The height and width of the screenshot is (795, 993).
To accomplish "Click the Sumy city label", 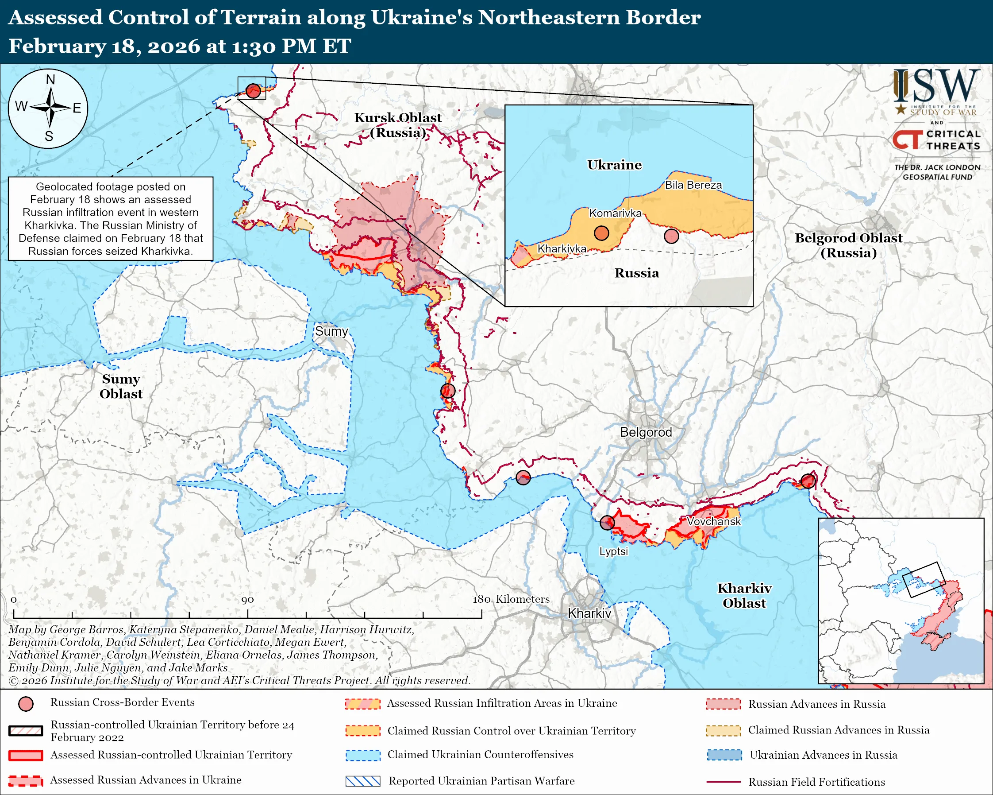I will [x=331, y=331].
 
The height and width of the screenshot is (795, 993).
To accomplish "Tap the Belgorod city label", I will [x=646, y=432].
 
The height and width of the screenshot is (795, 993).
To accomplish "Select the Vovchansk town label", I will [x=713, y=521].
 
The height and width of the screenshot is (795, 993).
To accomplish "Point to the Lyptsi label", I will [x=613, y=551].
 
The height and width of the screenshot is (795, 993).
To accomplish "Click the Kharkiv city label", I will [x=589, y=613].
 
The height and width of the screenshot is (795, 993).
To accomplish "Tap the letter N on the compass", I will [x=50, y=80].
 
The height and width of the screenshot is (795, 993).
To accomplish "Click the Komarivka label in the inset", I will [x=616, y=213].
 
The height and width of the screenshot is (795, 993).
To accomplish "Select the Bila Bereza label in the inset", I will [x=693, y=185].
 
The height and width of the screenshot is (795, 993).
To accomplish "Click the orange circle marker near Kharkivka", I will [x=601, y=233].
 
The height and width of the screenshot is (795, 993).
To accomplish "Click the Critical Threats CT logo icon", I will [x=907, y=140].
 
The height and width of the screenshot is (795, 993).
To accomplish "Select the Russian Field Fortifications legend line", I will [x=723, y=782].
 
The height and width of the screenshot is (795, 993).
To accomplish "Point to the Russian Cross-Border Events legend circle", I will [x=26, y=704].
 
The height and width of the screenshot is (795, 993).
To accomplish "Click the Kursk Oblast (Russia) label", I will [x=397, y=125].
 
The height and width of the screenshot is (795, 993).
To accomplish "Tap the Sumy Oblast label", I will [x=121, y=386].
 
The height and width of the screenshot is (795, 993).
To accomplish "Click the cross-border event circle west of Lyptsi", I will [x=607, y=522].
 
